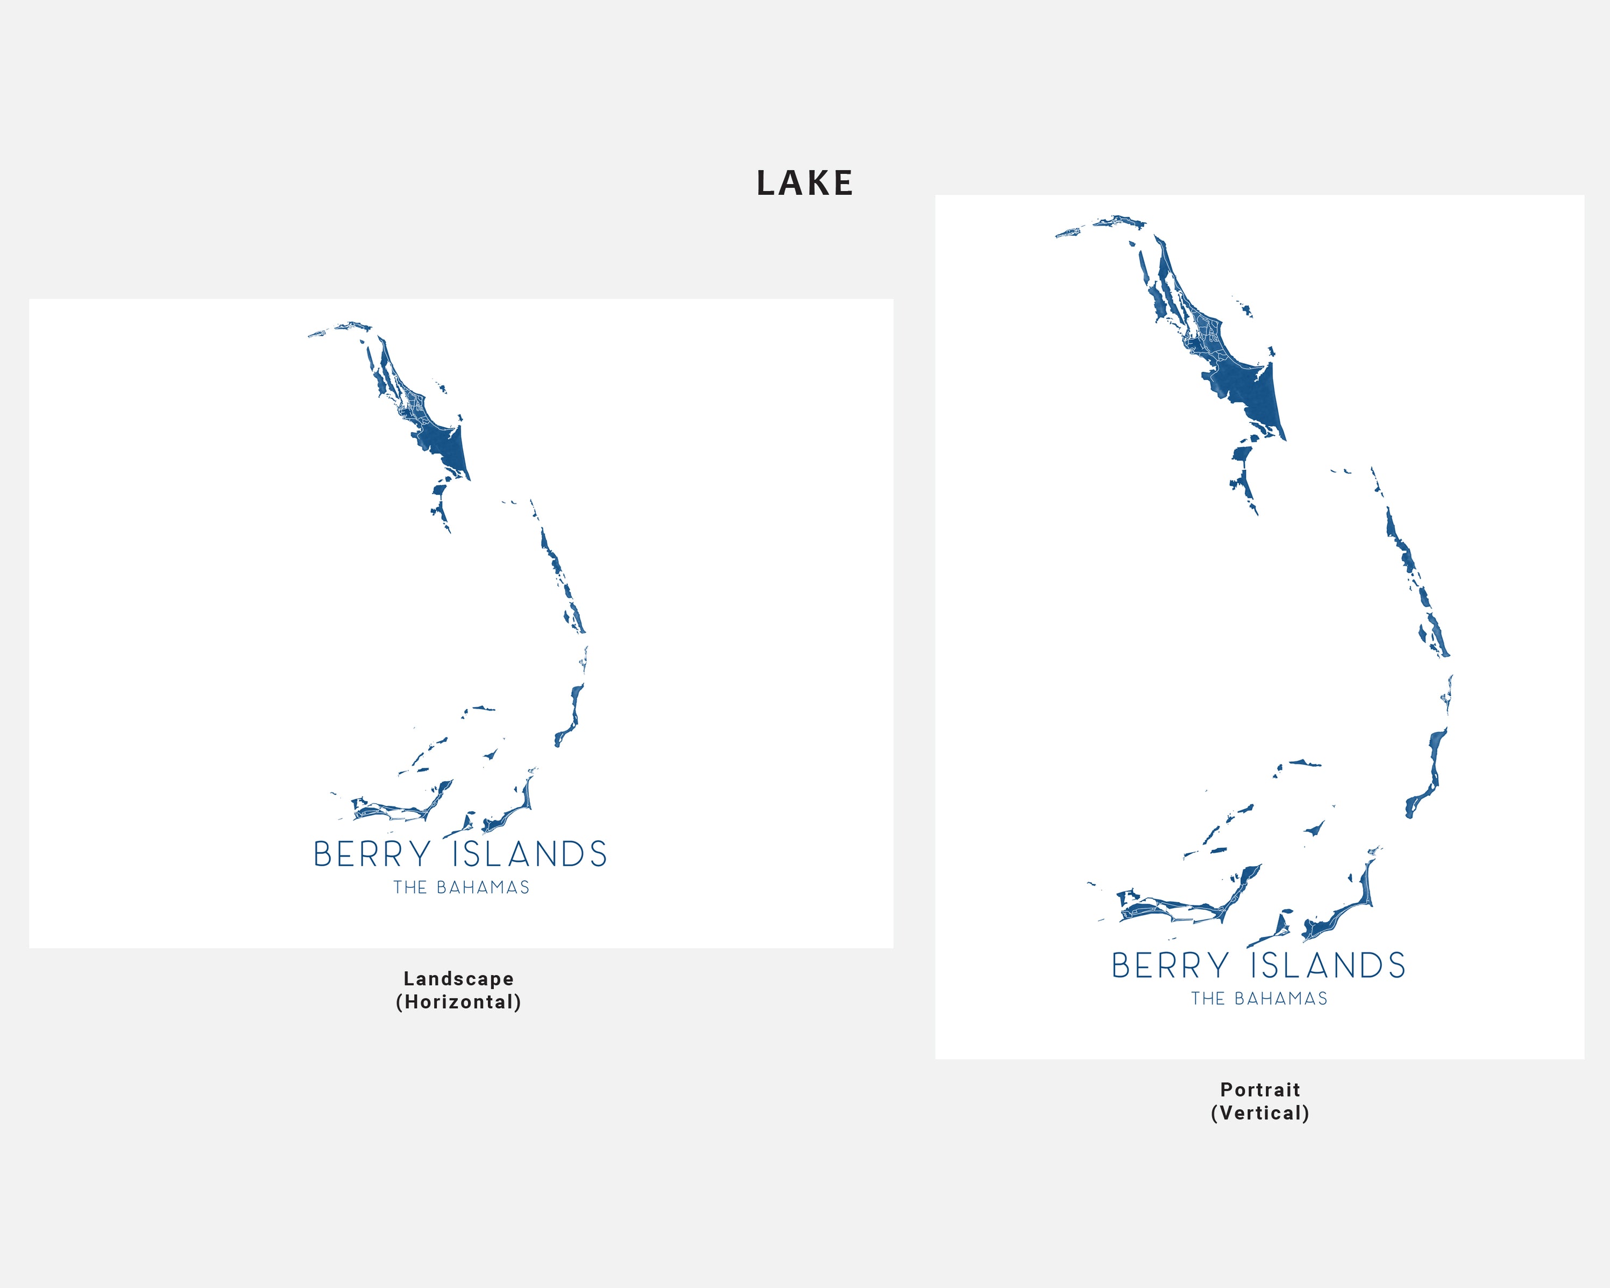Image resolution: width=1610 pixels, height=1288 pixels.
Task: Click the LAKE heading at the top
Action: pos(804,183)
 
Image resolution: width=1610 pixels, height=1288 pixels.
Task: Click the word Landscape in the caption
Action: pos(458,978)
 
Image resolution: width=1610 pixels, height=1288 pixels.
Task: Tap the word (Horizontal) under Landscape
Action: pos(458,1001)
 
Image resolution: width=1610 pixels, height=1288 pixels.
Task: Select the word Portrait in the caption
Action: pos(1260,1089)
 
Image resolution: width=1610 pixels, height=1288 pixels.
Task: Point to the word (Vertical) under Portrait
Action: pos(1260,1113)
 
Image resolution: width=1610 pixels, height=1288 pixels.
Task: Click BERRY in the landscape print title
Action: pos(372,854)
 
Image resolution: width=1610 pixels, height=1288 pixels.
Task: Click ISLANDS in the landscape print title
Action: pos(529,854)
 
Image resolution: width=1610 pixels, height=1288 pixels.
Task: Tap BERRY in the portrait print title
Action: pos(1169,965)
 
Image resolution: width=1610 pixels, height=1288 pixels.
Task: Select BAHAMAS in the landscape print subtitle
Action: pos(483,887)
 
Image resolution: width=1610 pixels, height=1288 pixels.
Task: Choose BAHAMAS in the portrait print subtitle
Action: pos(1281,999)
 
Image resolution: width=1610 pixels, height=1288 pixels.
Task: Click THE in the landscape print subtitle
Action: pos(410,887)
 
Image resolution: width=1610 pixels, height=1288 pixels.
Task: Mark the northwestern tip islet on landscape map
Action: pos(317,334)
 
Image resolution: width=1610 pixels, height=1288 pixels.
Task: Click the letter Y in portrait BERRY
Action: pos(1218,965)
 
